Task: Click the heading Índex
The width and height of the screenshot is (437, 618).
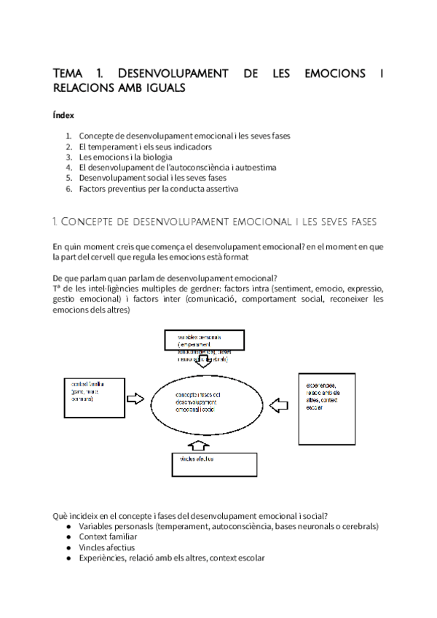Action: click(63, 114)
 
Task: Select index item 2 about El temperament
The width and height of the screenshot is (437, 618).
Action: click(135, 146)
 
